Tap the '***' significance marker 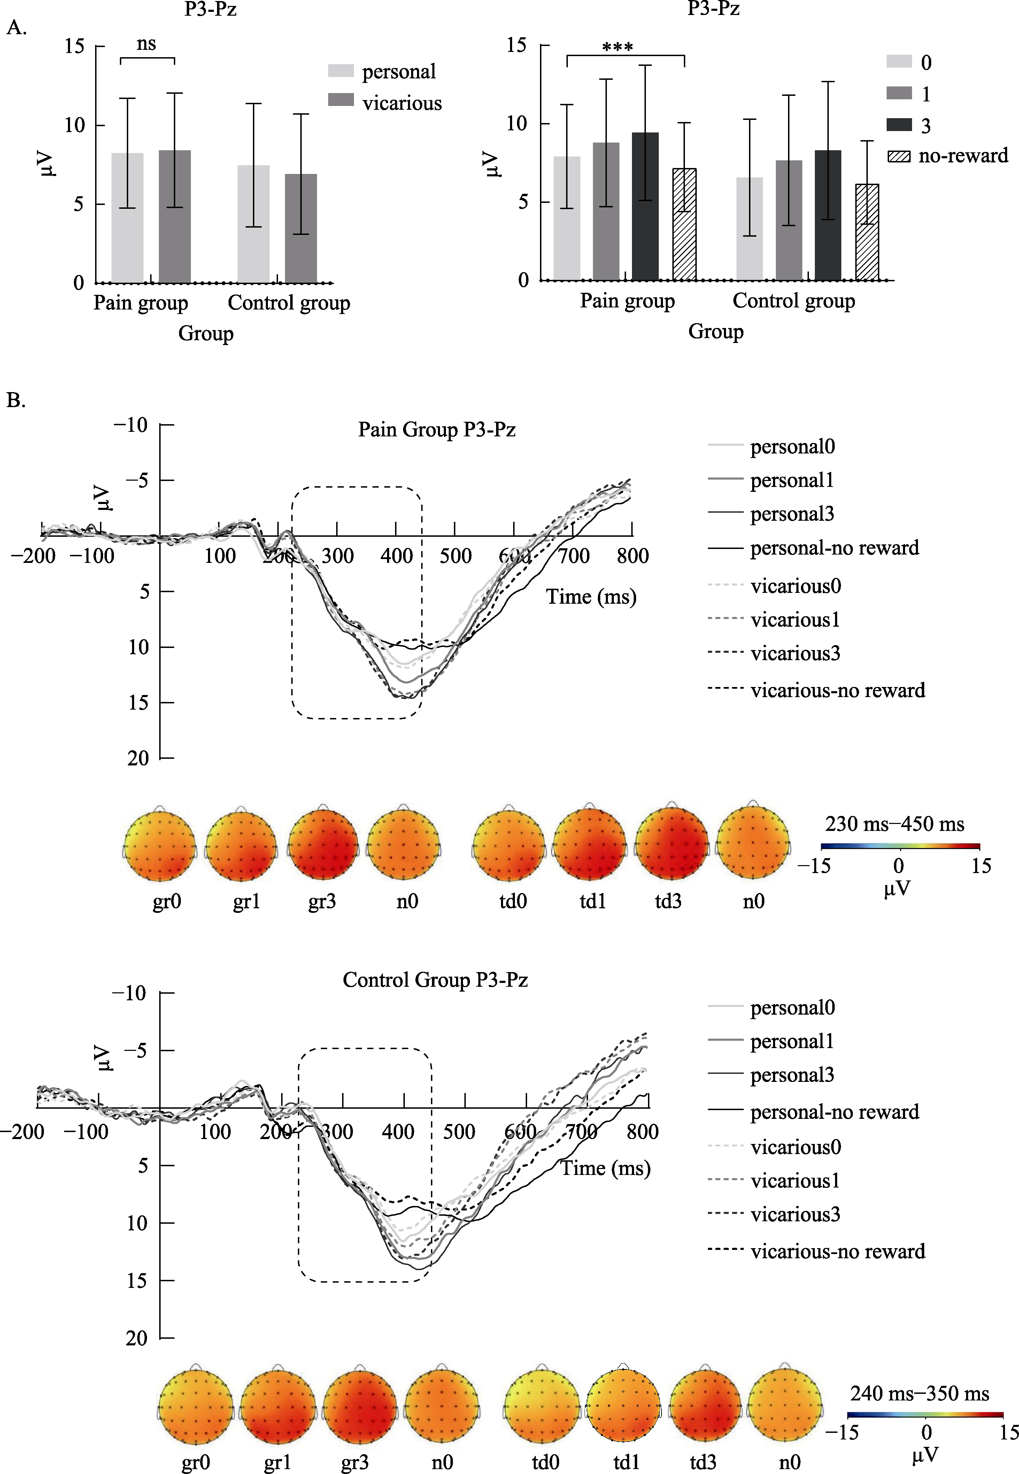(x=617, y=48)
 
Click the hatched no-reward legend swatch (x=899, y=155)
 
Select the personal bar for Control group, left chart (x=254, y=223)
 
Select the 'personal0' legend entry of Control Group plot (x=792, y=1008)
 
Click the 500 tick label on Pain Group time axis (x=455, y=556)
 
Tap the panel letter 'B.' (x=16, y=400)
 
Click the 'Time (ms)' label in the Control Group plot (x=605, y=1168)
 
